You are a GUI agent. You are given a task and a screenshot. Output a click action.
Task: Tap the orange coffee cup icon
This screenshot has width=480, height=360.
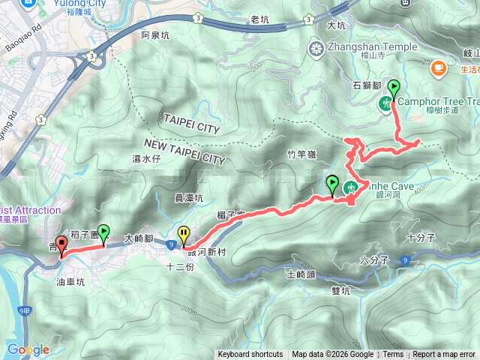(x=437, y=68)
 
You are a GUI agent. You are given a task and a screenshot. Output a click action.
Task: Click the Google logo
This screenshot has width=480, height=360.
(x=28, y=349)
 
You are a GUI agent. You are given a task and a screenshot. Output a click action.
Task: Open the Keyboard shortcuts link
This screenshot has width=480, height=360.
(x=250, y=355)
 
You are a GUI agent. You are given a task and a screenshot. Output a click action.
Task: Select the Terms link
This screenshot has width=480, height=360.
(x=393, y=355)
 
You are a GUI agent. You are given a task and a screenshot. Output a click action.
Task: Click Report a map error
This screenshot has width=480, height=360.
(x=444, y=355)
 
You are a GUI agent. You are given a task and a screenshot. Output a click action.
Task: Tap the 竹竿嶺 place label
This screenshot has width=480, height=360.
(x=301, y=154)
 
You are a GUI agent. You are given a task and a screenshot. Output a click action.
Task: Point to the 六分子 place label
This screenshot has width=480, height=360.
(x=373, y=261)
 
